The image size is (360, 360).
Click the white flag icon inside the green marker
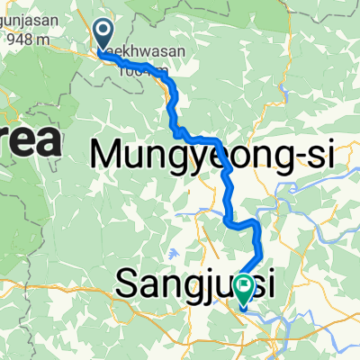click(245, 285)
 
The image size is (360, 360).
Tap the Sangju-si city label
click(193, 286)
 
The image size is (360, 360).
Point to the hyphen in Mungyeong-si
click(298, 157)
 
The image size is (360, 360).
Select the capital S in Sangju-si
click(127, 286)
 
